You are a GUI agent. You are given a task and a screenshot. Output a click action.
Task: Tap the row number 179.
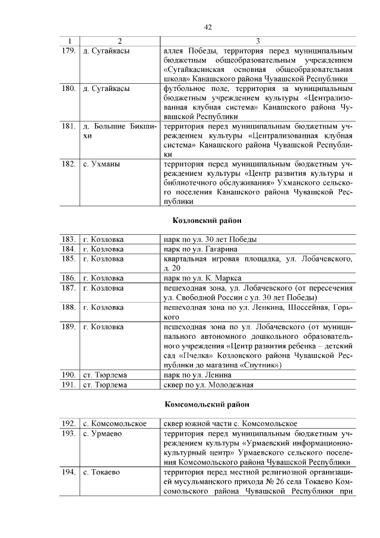(68, 51)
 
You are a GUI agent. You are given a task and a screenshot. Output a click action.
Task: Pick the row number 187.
(68, 288)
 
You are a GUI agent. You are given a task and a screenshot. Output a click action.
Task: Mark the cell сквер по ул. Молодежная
(208, 385)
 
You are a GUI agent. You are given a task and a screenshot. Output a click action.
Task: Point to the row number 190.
(68, 375)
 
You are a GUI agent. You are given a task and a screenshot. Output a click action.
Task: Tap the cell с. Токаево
(102, 472)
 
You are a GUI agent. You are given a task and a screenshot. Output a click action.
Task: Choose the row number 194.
(68, 472)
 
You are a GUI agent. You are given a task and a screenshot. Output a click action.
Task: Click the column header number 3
(258, 41)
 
